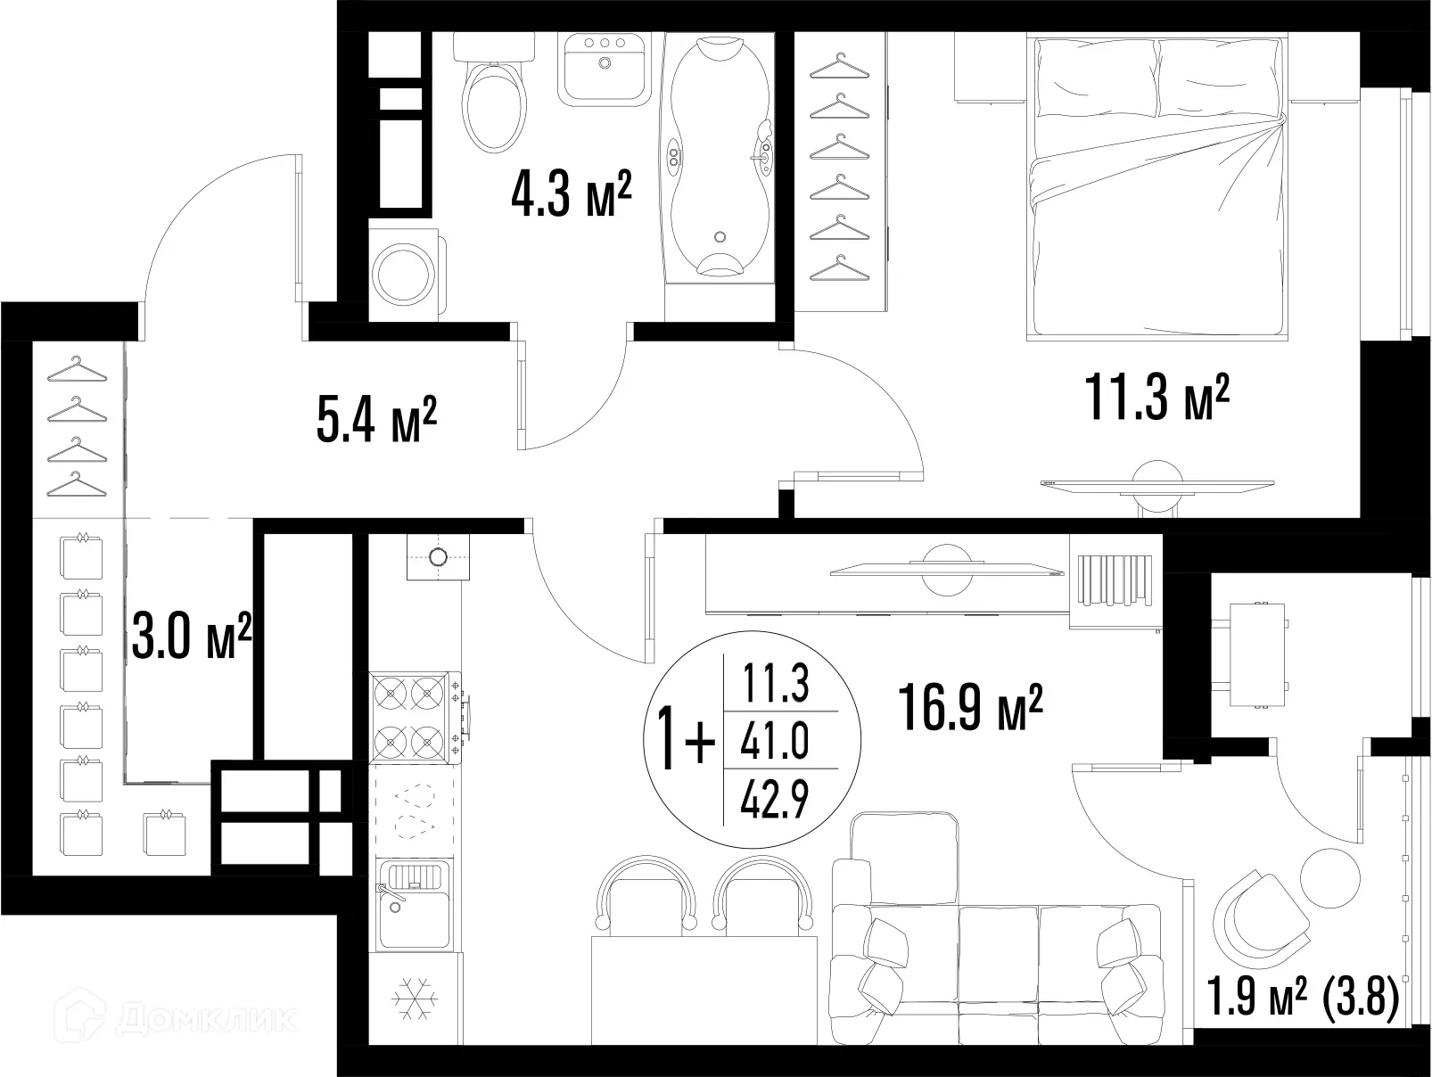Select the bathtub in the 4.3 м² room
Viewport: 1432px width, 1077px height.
click(x=720, y=157)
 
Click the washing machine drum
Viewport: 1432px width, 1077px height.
click(x=403, y=274)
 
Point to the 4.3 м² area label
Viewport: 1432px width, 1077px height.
click(x=572, y=193)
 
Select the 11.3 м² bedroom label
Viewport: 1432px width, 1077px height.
click(x=1156, y=397)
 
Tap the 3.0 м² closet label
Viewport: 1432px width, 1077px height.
click(x=191, y=635)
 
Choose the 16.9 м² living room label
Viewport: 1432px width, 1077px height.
click(x=970, y=707)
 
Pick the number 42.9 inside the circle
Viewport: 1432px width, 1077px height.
click(x=774, y=801)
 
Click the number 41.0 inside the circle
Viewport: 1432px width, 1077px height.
click(x=774, y=741)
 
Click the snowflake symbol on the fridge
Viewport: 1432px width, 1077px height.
click(x=415, y=999)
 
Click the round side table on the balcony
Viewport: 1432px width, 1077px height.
click(x=1330, y=877)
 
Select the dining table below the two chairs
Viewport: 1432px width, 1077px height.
click(x=704, y=991)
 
